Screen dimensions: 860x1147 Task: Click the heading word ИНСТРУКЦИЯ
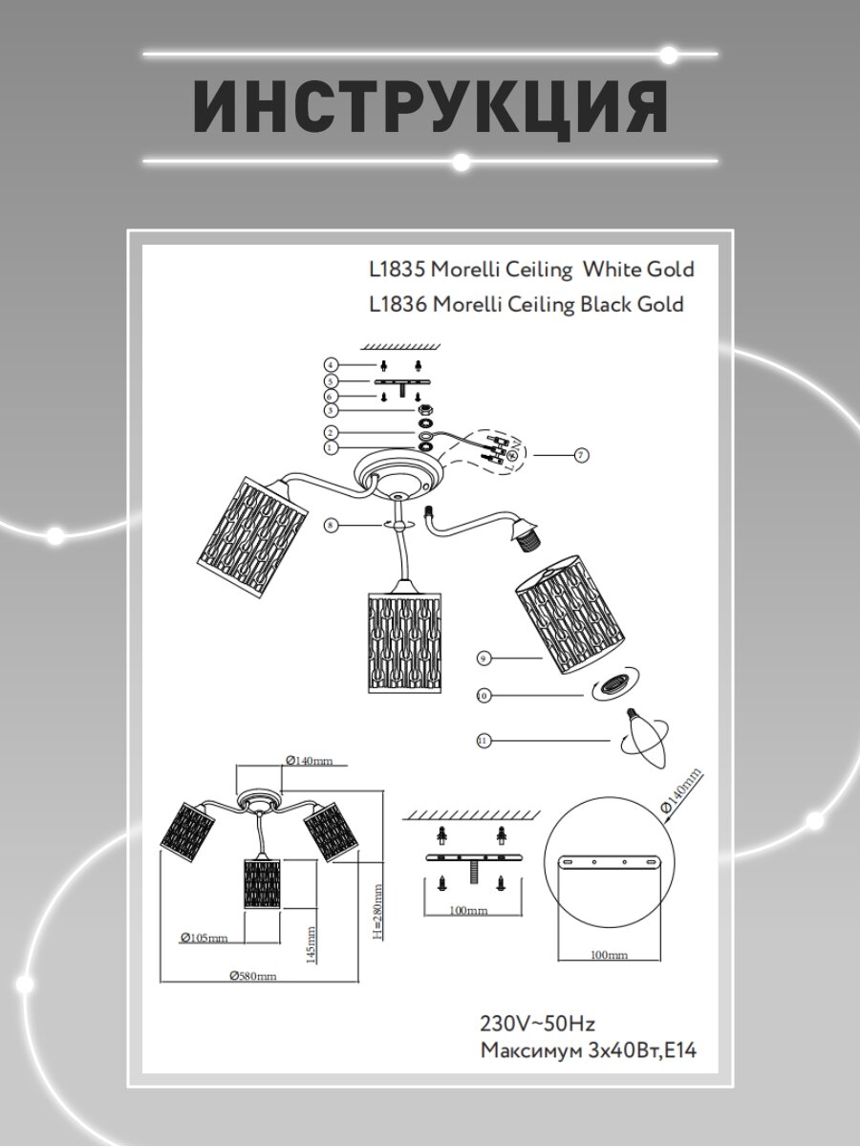(x=430, y=107)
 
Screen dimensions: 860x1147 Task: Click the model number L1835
(x=397, y=270)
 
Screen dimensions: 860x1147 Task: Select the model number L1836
(x=397, y=305)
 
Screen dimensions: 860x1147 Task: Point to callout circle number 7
(x=581, y=455)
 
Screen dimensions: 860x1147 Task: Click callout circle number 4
(x=330, y=365)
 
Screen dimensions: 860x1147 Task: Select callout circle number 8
(x=330, y=525)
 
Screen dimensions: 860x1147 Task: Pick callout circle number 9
(x=484, y=658)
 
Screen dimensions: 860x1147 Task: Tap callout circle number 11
(x=484, y=739)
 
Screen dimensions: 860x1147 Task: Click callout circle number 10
(x=484, y=696)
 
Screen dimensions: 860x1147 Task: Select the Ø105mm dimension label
(x=204, y=938)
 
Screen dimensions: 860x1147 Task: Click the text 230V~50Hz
(x=537, y=1024)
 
